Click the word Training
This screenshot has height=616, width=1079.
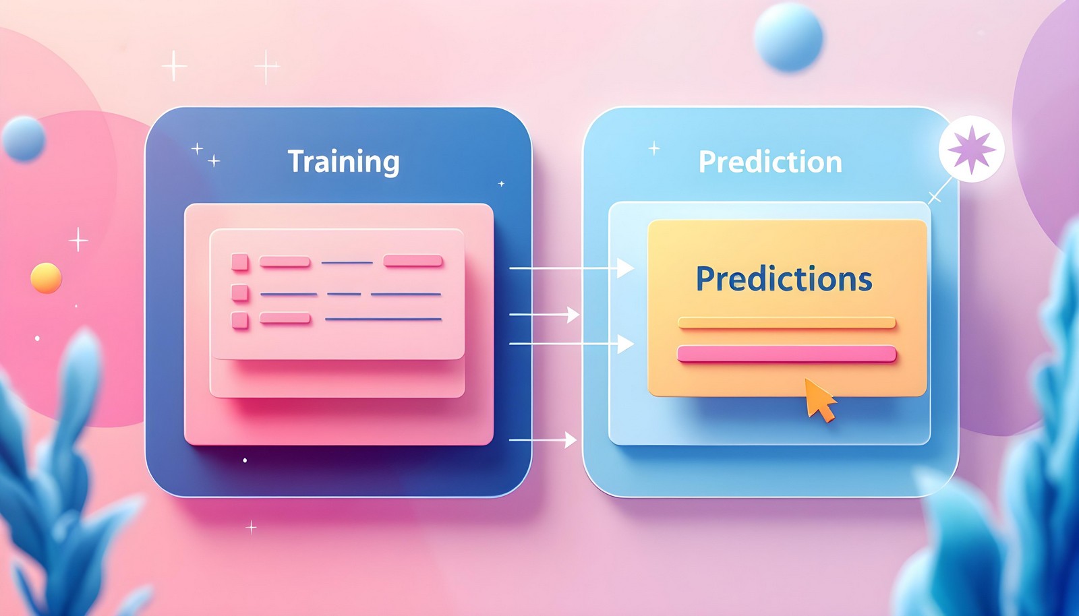[x=343, y=162]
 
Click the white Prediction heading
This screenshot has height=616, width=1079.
[x=770, y=162]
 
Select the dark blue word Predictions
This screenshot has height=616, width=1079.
[x=784, y=279]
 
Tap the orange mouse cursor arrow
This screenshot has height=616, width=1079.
[x=819, y=399]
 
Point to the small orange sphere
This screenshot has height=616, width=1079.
[x=46, y=278]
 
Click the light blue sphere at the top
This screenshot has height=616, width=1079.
[x=788, y=37]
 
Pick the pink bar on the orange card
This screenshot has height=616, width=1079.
[x=786, y=354]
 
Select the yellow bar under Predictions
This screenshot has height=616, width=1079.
[x=786, y=324]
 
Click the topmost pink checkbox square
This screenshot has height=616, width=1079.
[x=240, y=261]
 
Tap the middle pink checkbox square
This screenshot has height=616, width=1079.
[x=240, y=292]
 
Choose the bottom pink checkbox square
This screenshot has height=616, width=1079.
[x=240, y=320]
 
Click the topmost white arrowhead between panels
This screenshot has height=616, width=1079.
[x=625, y=268]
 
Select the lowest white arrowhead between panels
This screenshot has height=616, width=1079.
[x=571, y=440]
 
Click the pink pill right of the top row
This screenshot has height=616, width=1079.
[x=413, y=261]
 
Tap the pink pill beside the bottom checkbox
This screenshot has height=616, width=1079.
[x=285, y=319]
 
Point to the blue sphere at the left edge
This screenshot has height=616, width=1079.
[x=24, y=138]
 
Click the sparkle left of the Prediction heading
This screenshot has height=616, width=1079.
[x=654, y=148]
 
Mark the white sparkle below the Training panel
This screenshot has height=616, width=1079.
[x=251, y=526]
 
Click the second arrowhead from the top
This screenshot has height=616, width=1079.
[x=573, y=314]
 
